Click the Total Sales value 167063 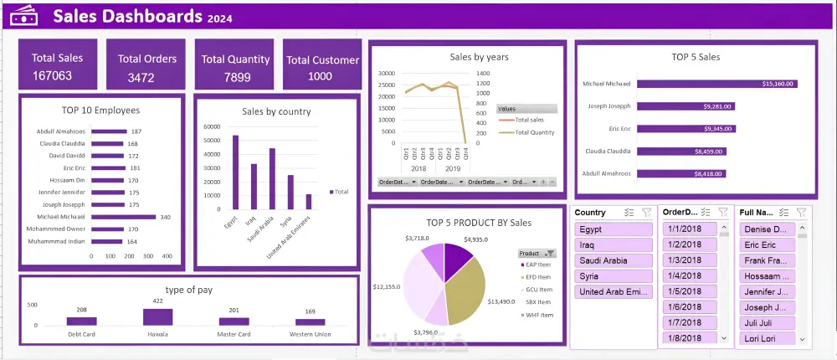pyautogui.click(x=52, y=76)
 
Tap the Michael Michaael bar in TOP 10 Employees pyautogui.click(x=124, y=216)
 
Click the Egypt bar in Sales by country pyautogui.click(x=235, y=172)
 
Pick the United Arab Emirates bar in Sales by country pyautogui.click(x=308, y=202)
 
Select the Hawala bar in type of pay pyautogui.click(x=157, y=316)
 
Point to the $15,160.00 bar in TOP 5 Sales pyautogui.click(x=716, y=84)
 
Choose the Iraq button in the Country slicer pyautogui.click(x=613, y=244)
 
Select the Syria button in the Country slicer pyautogui.click(x=613, y=275)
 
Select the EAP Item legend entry pyautogui.click(x=537, y=265)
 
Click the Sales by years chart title pyautogui.click(x=479, y=58)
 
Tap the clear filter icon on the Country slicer pyautogui.click(x=646, y=213)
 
